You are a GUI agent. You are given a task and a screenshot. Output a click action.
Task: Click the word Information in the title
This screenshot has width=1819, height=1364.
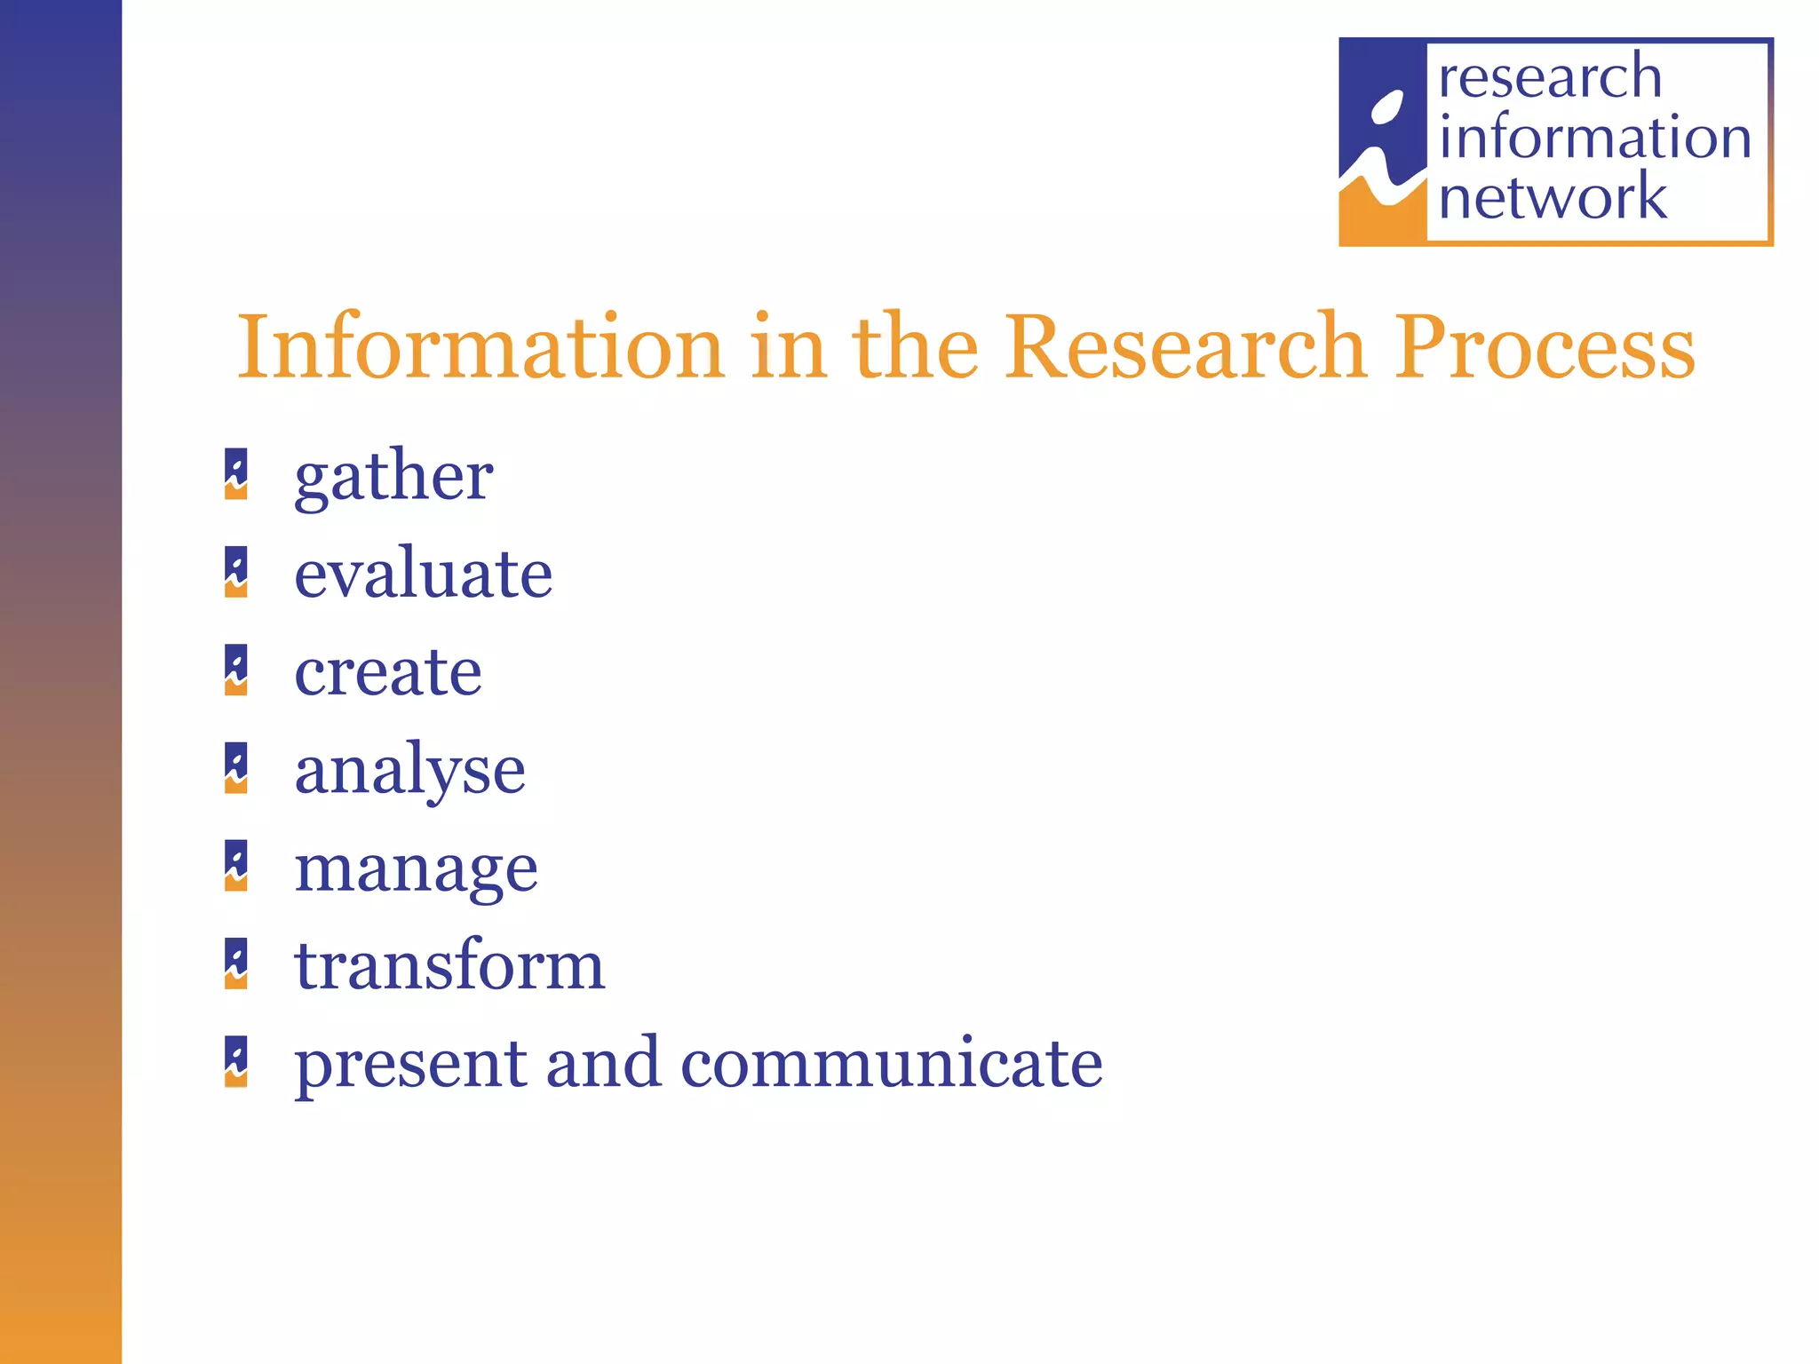click(480, 347)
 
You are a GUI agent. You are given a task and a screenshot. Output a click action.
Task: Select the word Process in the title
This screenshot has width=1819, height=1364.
click(1545, 349)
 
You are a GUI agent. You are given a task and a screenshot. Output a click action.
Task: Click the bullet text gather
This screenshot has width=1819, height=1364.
click(393, 477)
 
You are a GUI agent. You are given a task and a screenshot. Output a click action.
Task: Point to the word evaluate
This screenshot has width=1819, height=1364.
click(423, 574)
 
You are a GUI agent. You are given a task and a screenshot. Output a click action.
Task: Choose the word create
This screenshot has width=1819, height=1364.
click(388, 672)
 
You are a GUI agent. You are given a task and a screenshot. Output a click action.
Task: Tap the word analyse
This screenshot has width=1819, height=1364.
click(409, 771)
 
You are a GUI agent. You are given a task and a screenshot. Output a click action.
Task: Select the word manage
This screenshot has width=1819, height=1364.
click(416, 868)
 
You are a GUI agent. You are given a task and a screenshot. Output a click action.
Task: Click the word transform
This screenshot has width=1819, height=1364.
click(449, 965)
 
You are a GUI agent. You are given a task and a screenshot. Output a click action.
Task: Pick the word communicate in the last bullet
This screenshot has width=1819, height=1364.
click(892, 1063)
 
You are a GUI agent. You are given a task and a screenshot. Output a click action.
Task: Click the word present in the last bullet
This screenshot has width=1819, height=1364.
click(409, 1065)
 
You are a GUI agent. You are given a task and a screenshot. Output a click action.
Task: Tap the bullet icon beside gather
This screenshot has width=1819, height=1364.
click(236, 474)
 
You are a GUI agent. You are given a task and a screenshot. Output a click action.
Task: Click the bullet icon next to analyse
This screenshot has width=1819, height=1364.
click(236, 768)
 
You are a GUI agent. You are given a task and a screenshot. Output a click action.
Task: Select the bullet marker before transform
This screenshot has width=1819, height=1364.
click(236, 964)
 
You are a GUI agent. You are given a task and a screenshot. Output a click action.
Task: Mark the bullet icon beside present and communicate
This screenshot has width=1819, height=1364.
click(236, 1061)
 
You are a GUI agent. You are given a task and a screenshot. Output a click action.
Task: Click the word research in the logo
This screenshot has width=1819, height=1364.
click(1550, 77)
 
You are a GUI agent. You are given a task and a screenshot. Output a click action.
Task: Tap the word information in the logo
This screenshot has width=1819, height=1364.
click(1595, 138)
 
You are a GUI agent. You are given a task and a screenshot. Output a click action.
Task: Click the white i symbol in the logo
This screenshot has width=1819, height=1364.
click(1382, 147)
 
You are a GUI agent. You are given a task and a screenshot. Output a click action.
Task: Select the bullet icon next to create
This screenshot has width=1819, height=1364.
click(236, 670)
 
